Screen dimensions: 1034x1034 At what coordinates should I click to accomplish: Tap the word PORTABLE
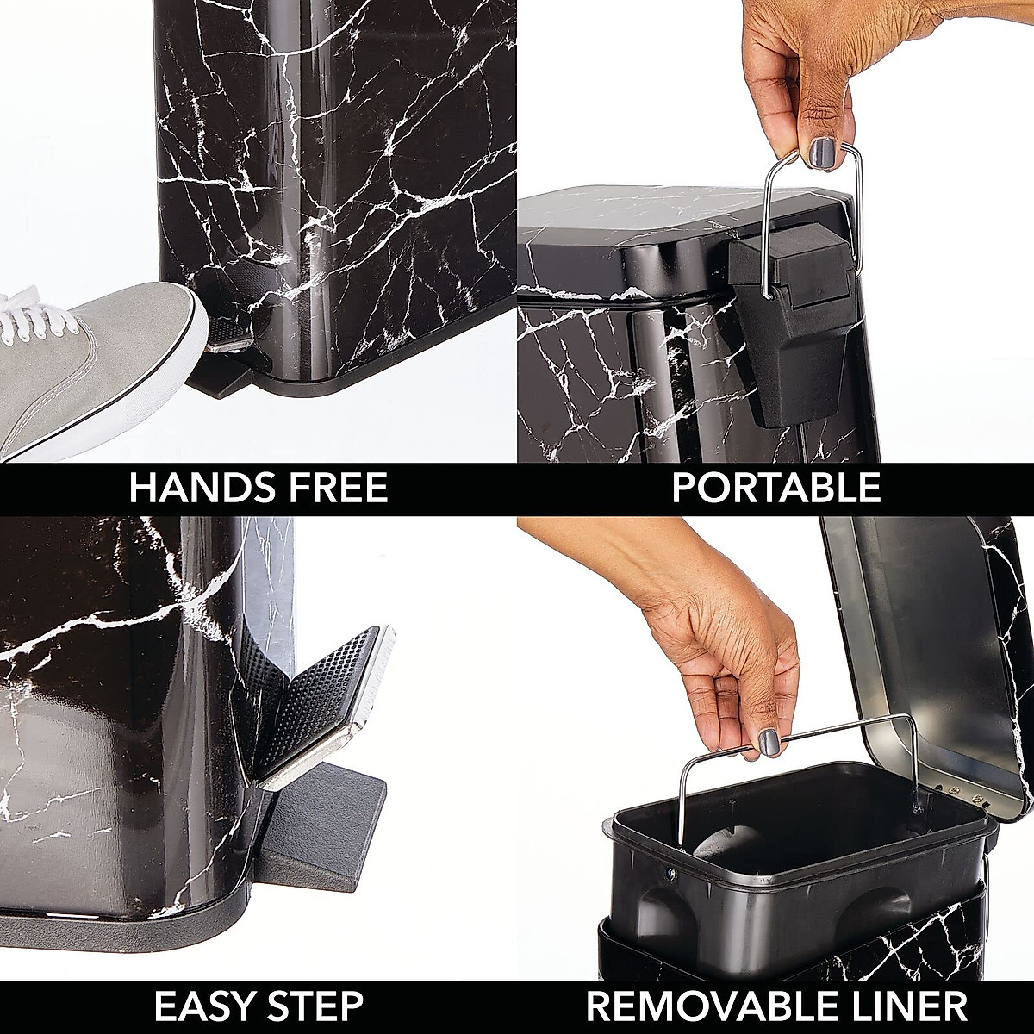tap(775, 489)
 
